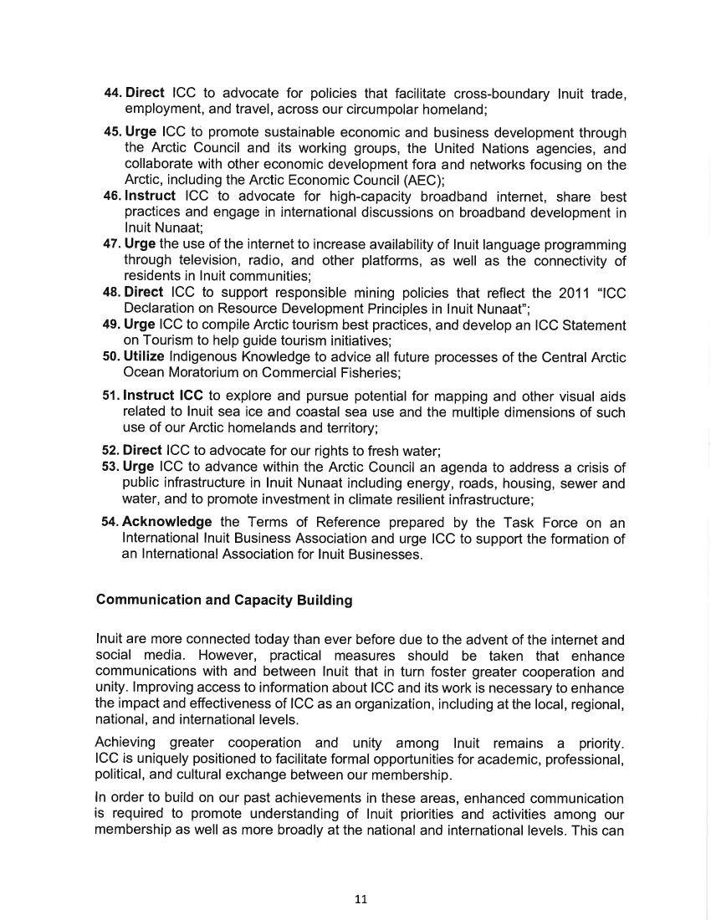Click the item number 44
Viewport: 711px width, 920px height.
112,93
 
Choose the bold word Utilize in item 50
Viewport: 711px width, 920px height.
145,357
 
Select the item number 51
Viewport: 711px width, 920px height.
111,396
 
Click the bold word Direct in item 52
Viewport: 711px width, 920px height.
143,450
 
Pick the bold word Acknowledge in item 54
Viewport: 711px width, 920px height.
166,522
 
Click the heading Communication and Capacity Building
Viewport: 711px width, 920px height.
224,600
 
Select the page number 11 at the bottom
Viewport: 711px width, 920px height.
361,899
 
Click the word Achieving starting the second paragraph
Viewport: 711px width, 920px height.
126,743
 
